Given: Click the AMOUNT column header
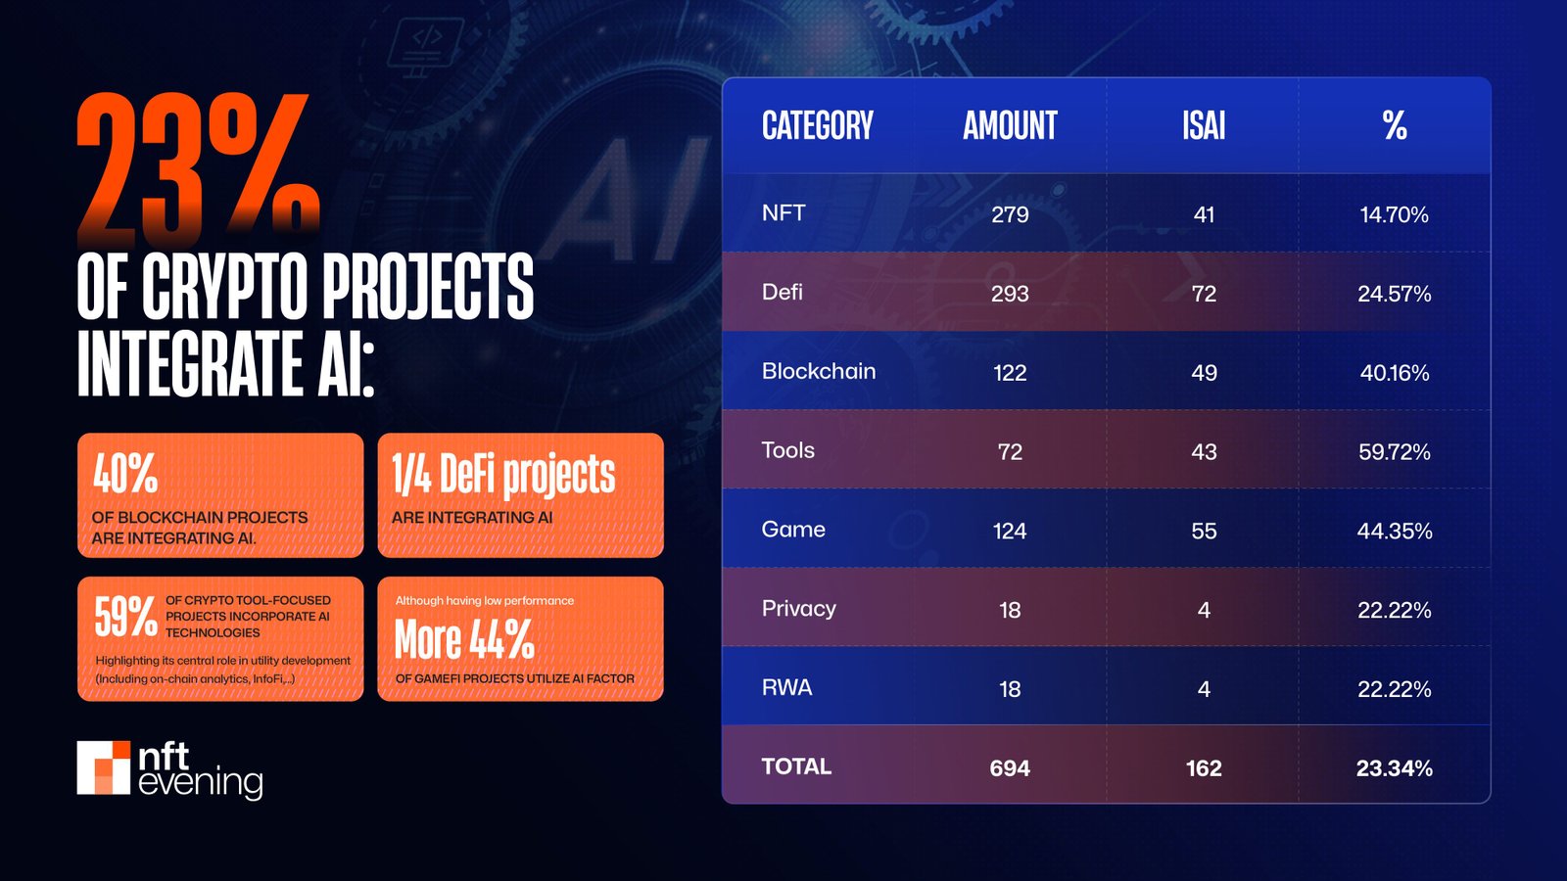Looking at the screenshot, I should pyautogui.click(x=1010, y=126).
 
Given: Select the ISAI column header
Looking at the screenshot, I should pyautogui.click(x=1204, y=126).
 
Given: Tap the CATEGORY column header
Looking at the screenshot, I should pyautogui.click(x=818, y=126).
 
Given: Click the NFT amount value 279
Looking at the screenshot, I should pyautogui.click(x=1010, y=214).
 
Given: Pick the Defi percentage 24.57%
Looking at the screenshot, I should pyautogui.click(x=1394, y=294).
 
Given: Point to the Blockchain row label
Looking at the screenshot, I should pyautogui.click(x=819, y=371).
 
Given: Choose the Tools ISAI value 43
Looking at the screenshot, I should pyautogui.click(x=1204, y=451).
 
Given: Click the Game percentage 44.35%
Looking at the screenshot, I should pyautogui.click(x=1394, y=531).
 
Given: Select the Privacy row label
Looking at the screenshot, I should pyautogui.click(x=799, y=608).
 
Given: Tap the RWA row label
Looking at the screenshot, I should pyautogui.click(x=787, y=687).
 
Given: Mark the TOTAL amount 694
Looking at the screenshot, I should pyautogui.click(x=1010, y=767).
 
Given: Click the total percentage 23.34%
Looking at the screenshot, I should pyautogui.click(x=1394, y=767).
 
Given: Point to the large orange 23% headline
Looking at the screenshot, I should pyautogui.click(x=199, y=168).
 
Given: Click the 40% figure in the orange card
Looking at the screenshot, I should pyautogui.click(x=125, y=474).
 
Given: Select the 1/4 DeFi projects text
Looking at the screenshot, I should pyautogui.click(x=503, y=476).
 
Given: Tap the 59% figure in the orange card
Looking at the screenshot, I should pyautogui.click(x=125, y=617).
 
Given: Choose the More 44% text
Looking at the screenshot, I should pyautogui.click(x=464, y=640).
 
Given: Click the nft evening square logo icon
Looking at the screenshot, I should pyautogui.click(x=104, y=767).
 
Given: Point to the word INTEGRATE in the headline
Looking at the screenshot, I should pyautogui.click(x=191, y=363).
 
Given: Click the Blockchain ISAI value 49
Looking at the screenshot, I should pyautogui.click(x=1204, y=372).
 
